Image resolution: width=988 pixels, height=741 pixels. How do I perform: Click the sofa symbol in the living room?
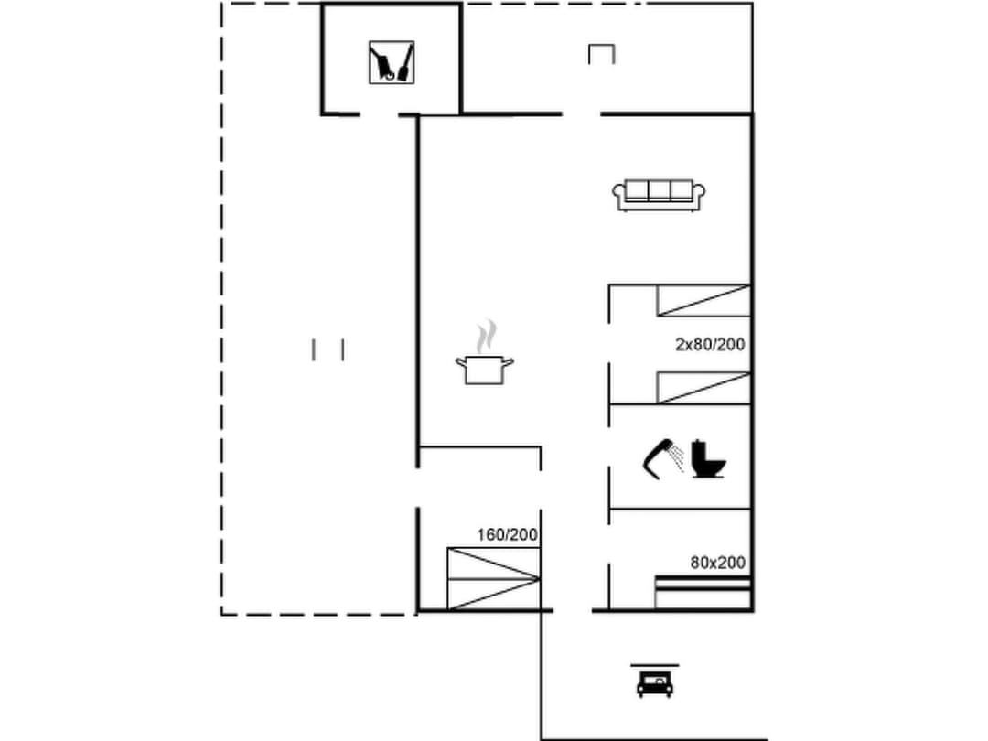point(659,195)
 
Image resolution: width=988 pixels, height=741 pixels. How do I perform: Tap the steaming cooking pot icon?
point(484,368)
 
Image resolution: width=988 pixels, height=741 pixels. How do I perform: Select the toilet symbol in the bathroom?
point(708,459)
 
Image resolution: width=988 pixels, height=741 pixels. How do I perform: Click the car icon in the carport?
point(655,683)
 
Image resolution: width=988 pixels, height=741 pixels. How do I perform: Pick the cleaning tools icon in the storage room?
point(392,62)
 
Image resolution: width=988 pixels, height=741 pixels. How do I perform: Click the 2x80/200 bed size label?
point(710,345)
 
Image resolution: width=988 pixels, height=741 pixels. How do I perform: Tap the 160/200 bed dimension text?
point(507,535)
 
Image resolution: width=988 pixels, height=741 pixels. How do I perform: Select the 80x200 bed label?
point(717,563)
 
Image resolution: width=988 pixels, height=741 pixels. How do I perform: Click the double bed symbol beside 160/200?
point(493,578)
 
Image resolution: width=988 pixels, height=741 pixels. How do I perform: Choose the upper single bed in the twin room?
point(703,300)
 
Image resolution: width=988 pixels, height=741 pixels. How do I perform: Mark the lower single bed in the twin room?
point(703,388)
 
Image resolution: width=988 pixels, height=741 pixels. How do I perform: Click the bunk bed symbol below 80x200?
point(703,592)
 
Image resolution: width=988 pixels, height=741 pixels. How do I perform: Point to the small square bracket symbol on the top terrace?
point(601,53)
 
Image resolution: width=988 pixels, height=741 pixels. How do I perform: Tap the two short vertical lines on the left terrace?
point(328,349)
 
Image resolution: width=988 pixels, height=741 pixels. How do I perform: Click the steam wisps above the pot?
point(489,334)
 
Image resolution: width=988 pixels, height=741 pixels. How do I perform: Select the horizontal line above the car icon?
point(654,665)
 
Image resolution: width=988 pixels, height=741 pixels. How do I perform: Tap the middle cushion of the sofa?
point(659,190)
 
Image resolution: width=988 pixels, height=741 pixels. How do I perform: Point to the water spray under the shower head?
point(677,457)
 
